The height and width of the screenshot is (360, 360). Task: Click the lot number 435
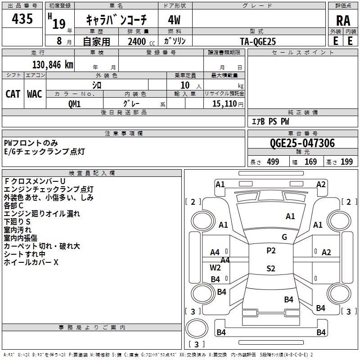pos(22,18)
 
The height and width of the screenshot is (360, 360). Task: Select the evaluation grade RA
pos(343,21)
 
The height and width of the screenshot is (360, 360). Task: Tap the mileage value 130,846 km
pos(53,65)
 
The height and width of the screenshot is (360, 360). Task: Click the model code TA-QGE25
pos(258,41)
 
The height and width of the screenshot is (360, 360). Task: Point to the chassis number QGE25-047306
pos(302,143)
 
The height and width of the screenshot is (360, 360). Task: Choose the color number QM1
pos(74,104)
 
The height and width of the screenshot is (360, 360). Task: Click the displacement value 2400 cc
pos(141,41)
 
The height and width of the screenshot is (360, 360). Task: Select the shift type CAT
pos(13,94)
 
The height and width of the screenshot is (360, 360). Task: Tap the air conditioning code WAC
pos(35,94)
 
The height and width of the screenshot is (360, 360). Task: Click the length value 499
pos(273,162)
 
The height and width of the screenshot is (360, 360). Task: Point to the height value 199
pos(346,162)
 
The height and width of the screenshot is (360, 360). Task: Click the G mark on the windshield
pos(284,237)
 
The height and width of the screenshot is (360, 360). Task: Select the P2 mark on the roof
pos(271,251)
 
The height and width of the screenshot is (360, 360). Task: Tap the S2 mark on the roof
pos(271,268)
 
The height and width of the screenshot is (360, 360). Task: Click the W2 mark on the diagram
pos(215,267)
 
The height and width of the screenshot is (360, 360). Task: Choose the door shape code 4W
pos(174,20)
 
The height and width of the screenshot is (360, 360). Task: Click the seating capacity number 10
pos(185,85)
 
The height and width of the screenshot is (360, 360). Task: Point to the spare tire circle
pos(197,328)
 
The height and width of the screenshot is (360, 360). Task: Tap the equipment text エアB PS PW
pos(270,121)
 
